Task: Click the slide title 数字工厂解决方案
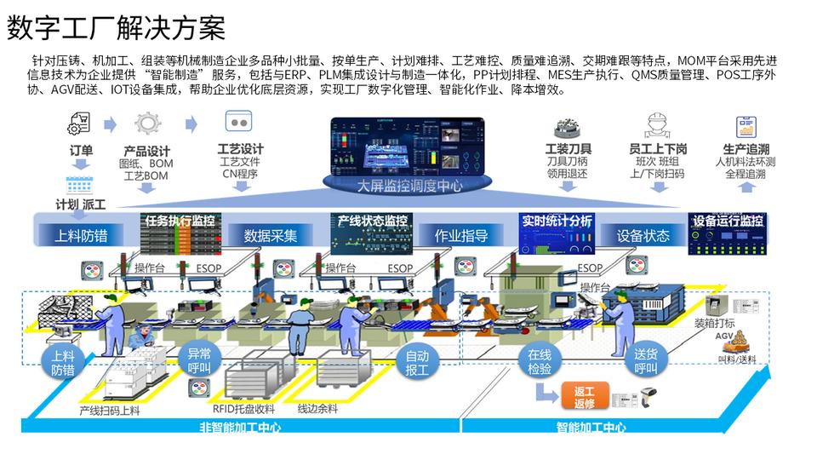click(116, 29)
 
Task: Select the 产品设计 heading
click(147, 151)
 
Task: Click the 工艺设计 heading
click(241, 149)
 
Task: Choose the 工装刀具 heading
click(568, 149)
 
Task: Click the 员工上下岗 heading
click(658, 149)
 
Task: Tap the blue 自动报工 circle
click(417, 362)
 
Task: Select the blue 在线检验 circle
click(540, 362)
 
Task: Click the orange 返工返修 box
click(584, 396)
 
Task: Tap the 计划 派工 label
click(81, 204)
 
